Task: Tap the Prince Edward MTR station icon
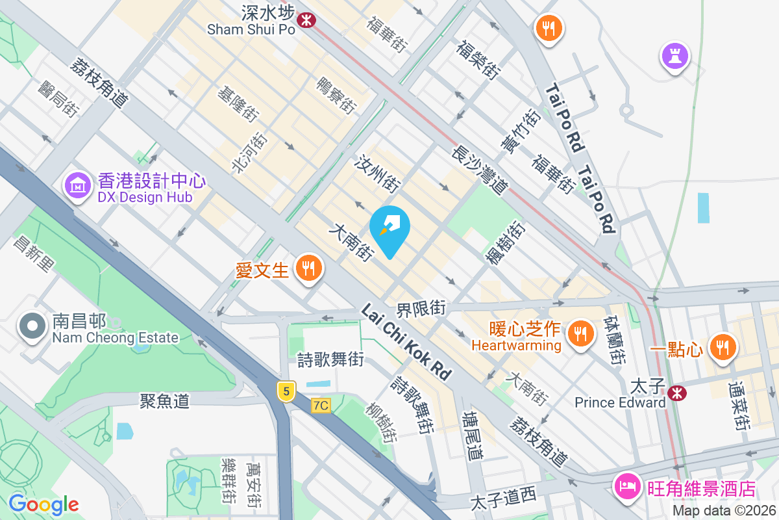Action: [x=677, y=393]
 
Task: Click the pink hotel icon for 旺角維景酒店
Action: [x=628, y=487]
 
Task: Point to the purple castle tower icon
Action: [x=674, y=56]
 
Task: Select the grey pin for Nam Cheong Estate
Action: [x=32, y=327]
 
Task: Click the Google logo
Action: [x=43, y=504]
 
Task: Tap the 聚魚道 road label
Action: [x=164, y=400]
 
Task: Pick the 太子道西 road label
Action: [x=503, y=499]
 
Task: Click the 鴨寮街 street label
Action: [x=336, y=96]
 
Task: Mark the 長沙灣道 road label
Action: [x=480, y=170]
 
